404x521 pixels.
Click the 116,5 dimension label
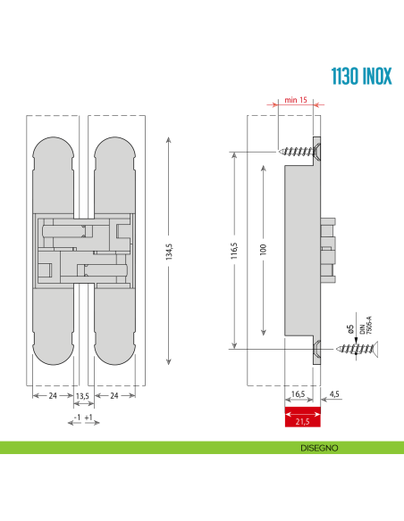pyautogui.click(x=234, y=252)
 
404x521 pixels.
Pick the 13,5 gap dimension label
pyautogui.click(x=81, y=394)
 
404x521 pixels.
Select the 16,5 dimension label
pyautogui.click(x=298, y=393)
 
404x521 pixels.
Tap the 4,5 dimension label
pyautogui.click(x=334, y=393)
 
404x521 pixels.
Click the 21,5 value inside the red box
pyautogui.click(x=302, y=421)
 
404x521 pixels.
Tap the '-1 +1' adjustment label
pyautogui.click(x=82, y=418)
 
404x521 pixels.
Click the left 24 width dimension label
pyautogui.click(x=52, y=394)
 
